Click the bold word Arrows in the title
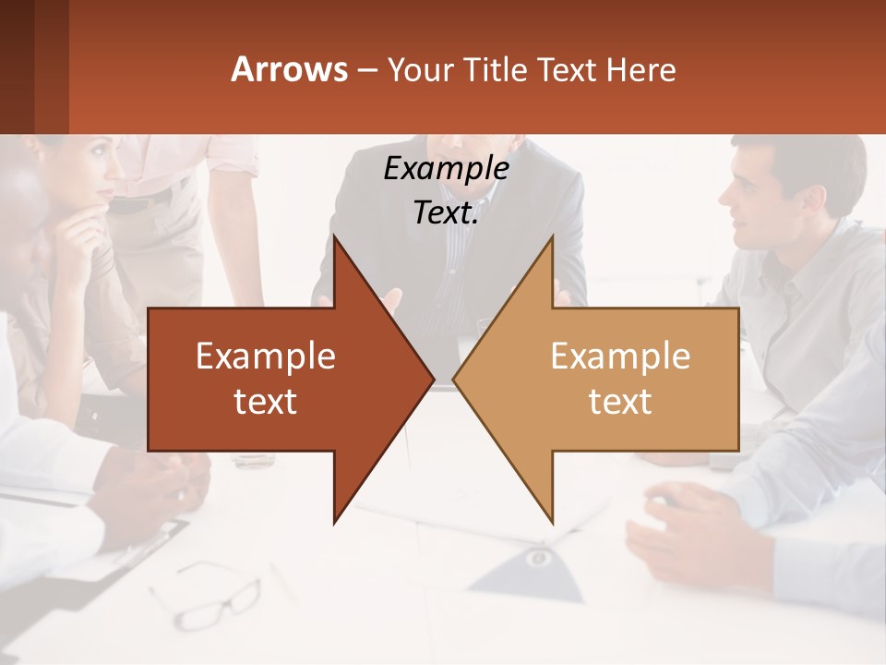289,69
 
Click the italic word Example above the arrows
446,168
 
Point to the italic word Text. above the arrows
446,212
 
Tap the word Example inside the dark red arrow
266,357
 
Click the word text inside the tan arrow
620,401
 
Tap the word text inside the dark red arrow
266,401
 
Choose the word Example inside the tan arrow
620,357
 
